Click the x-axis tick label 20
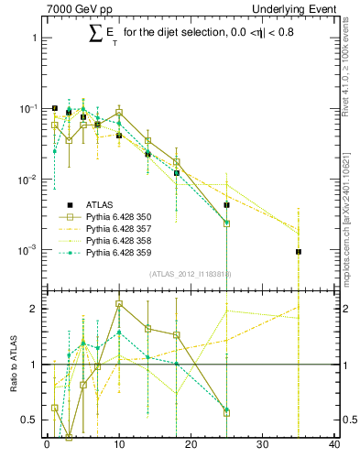pyautogui.click(x=191, y=445)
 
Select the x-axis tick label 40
pyautogui.click(x=334, y=445)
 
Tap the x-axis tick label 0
pyautogui.click(x=47, y=445)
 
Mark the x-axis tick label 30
pyautogui.click(x=263, y=445)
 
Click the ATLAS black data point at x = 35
pyautogui.click(x=299, y=252)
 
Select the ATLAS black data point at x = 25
pyautogui.click(x=226, y=205)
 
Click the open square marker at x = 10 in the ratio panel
pyautogui.click(x=119, y=304)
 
